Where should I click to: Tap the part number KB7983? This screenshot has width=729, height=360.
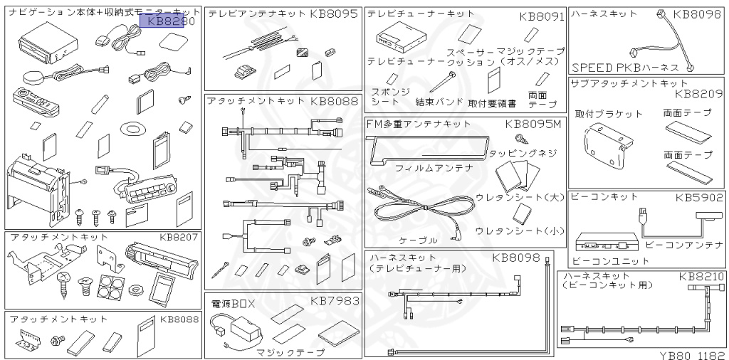click(x=335, y=300)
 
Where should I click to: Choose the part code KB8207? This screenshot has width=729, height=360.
click(x=179, y=237)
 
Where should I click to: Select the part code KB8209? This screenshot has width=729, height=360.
click(x=698, y=93)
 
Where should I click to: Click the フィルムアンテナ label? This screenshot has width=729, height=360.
click(x=424, y=169)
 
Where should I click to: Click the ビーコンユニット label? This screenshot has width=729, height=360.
click(x=602, y=261)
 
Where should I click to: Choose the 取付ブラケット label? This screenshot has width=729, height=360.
click(x=599, y=114)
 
